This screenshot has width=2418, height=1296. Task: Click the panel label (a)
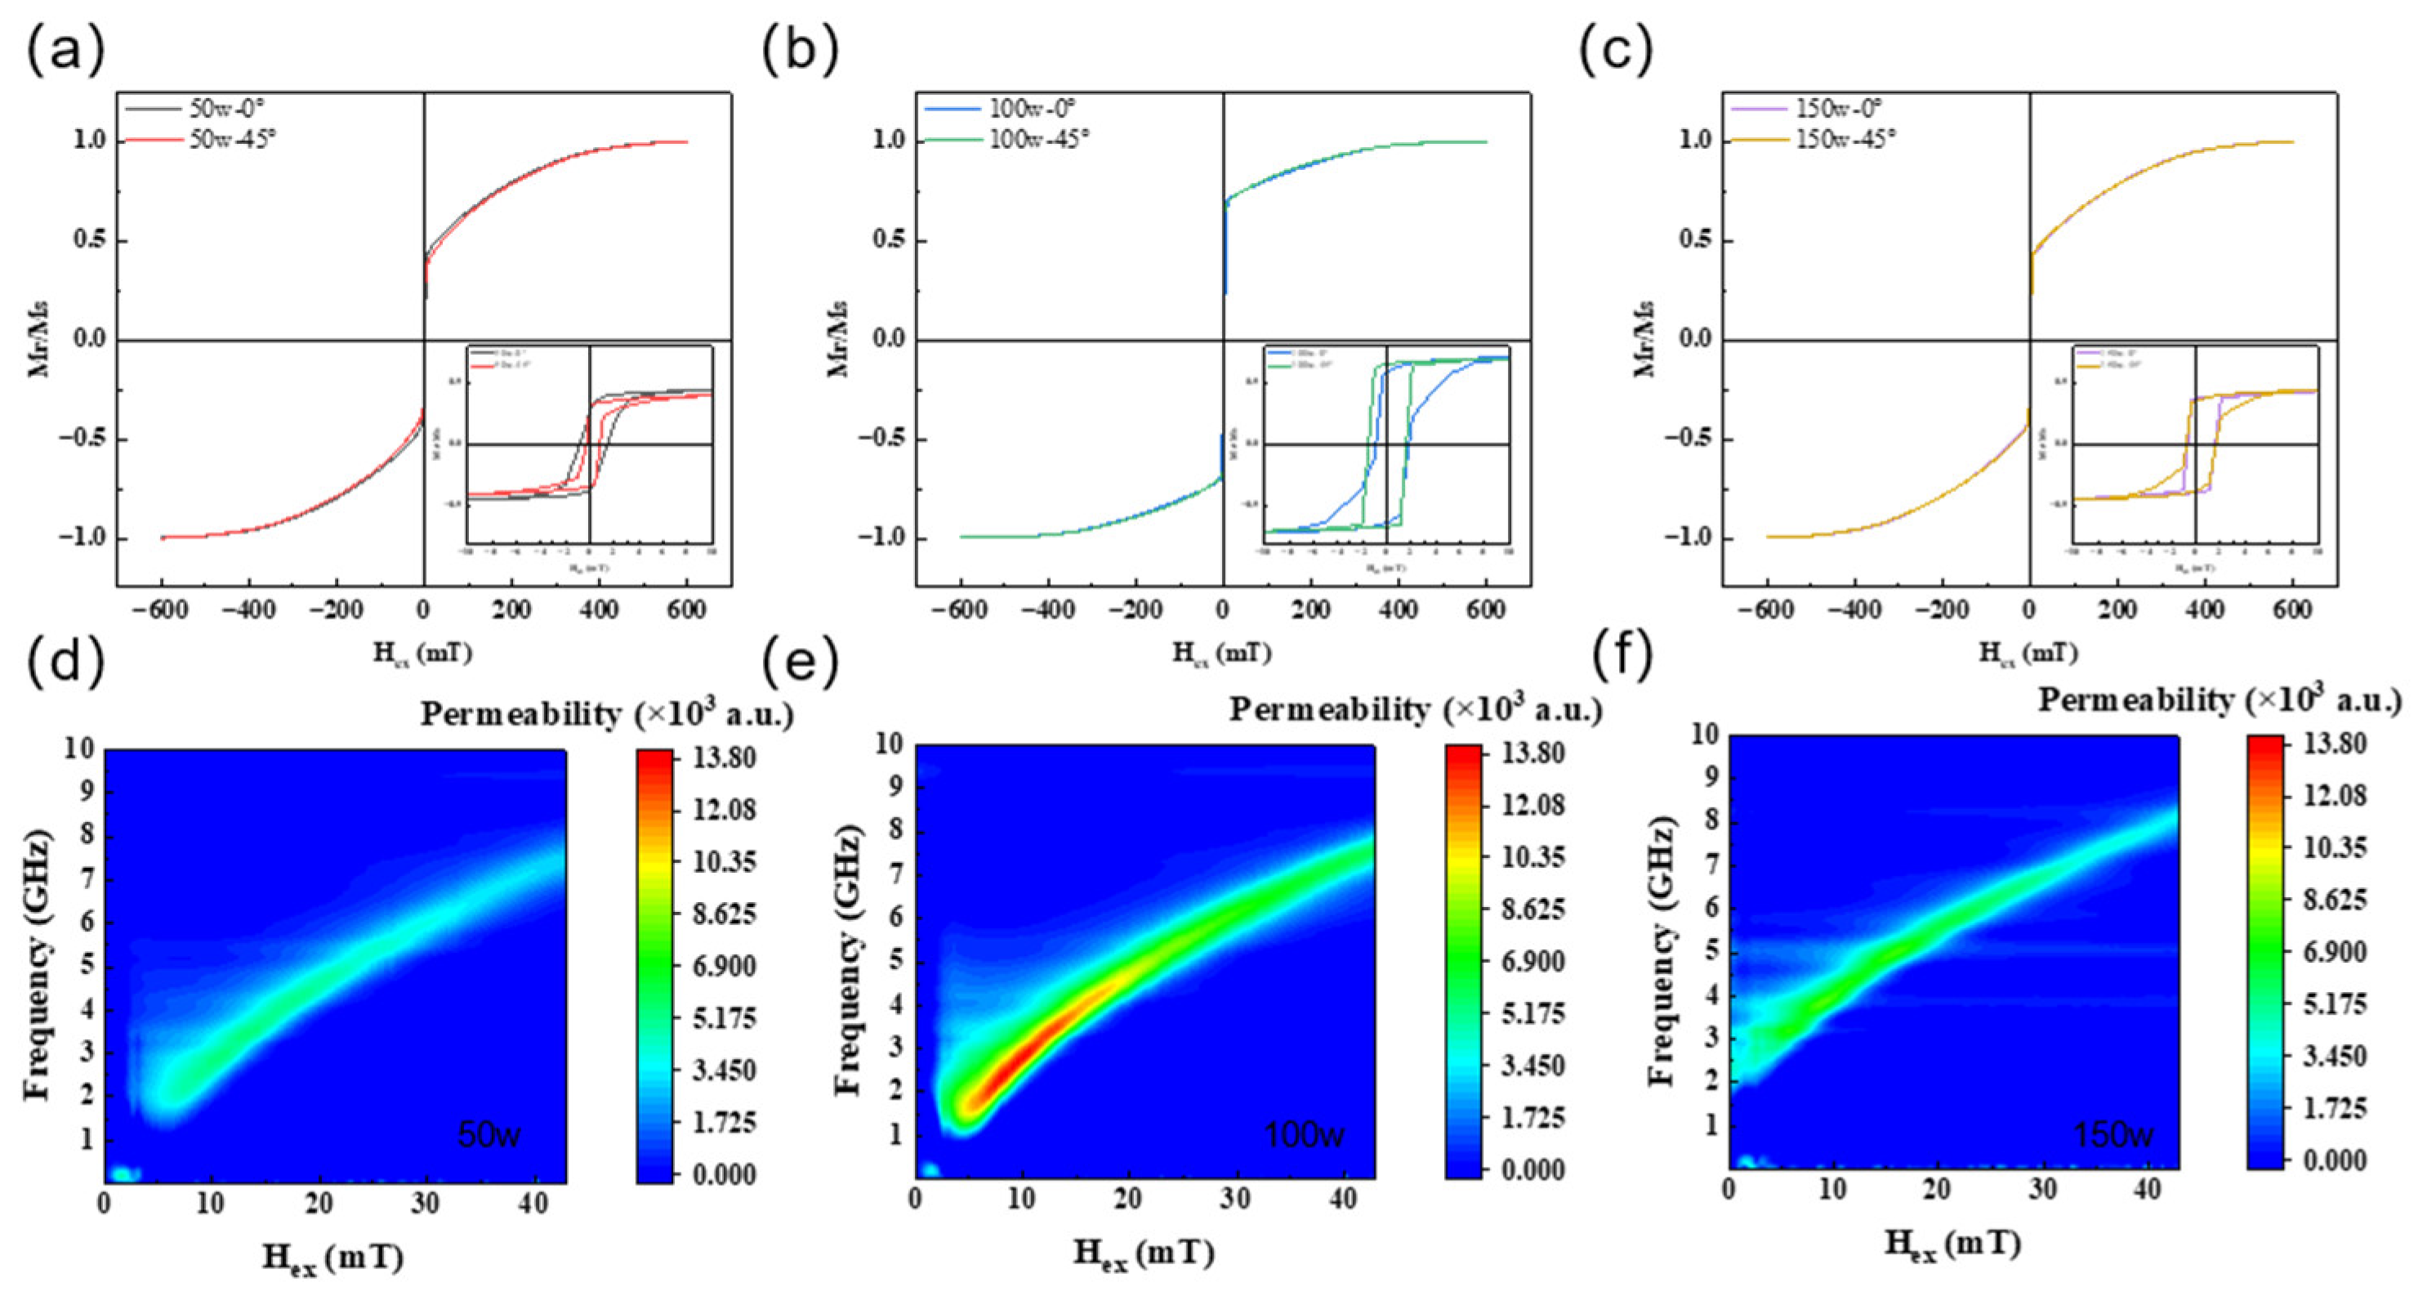pyautogui.click(x=64, y=51)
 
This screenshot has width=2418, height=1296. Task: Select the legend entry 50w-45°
pyautogui.click(x=232, y=140)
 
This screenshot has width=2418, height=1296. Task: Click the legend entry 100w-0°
pyautogui.click(x=1032, y=108)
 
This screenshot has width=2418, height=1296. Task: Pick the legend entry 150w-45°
pyautogui.click(x=1845, y=140)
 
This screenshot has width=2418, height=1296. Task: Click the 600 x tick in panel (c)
pyautogui.click(x=2291, y=610)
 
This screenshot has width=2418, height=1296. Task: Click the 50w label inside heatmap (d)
pyautogui.click(x=489, y=1134)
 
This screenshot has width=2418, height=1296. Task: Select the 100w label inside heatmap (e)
pyautogui.click(x=1304, y=1134)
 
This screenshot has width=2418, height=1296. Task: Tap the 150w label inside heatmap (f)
pyautogui.click(x=2113, y=1134)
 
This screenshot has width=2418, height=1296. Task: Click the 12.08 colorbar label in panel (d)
pyautogui.click(x=724, y=810)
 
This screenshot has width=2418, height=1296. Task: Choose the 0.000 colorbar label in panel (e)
pyautogui.click(x=1532, y=1170)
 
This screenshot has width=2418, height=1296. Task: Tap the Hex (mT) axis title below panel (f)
pyautogui.click(x=1952, y=1245)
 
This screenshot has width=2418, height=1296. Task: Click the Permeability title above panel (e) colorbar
pyautogui.click(x=1416, y=711)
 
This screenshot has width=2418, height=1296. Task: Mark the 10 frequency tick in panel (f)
pyautogui.click(x=1705, y=735)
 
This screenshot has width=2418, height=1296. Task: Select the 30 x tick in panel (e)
pyautogui.click(x=1235, y=1200)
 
